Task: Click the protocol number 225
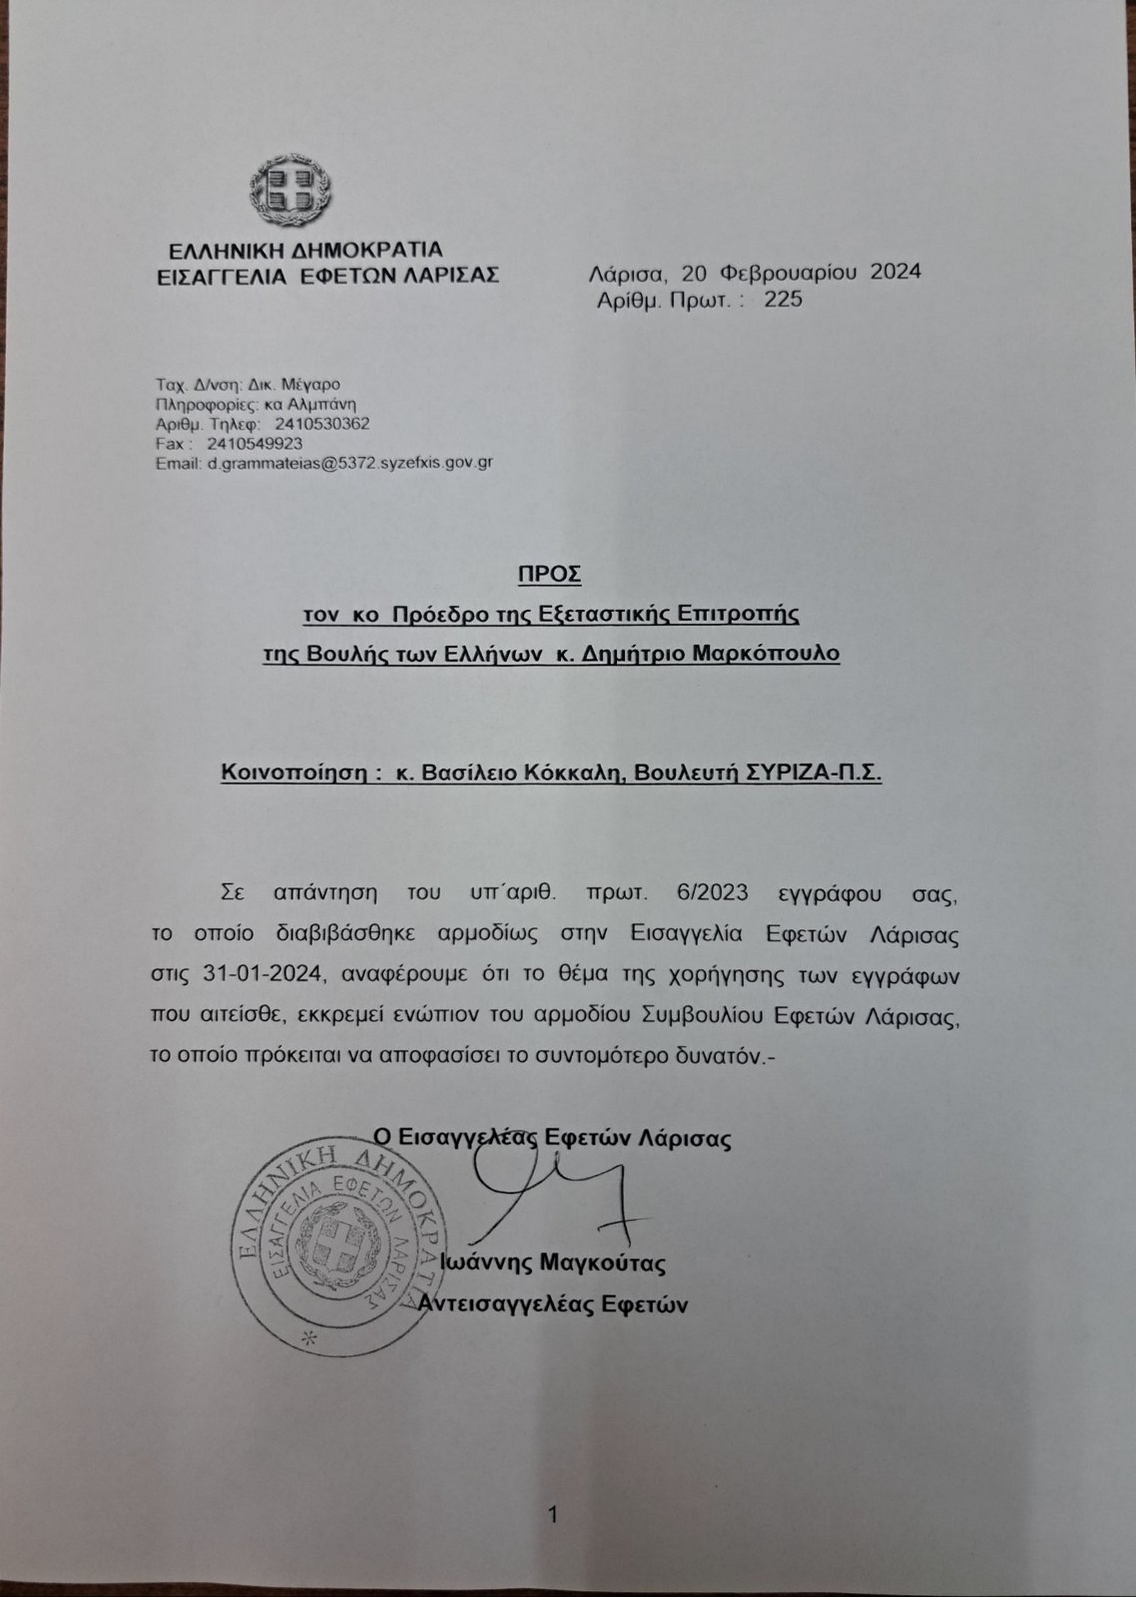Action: pyautogui.click(x=782, y=300)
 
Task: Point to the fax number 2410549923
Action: pyautogui.click(x=255, y=444)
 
